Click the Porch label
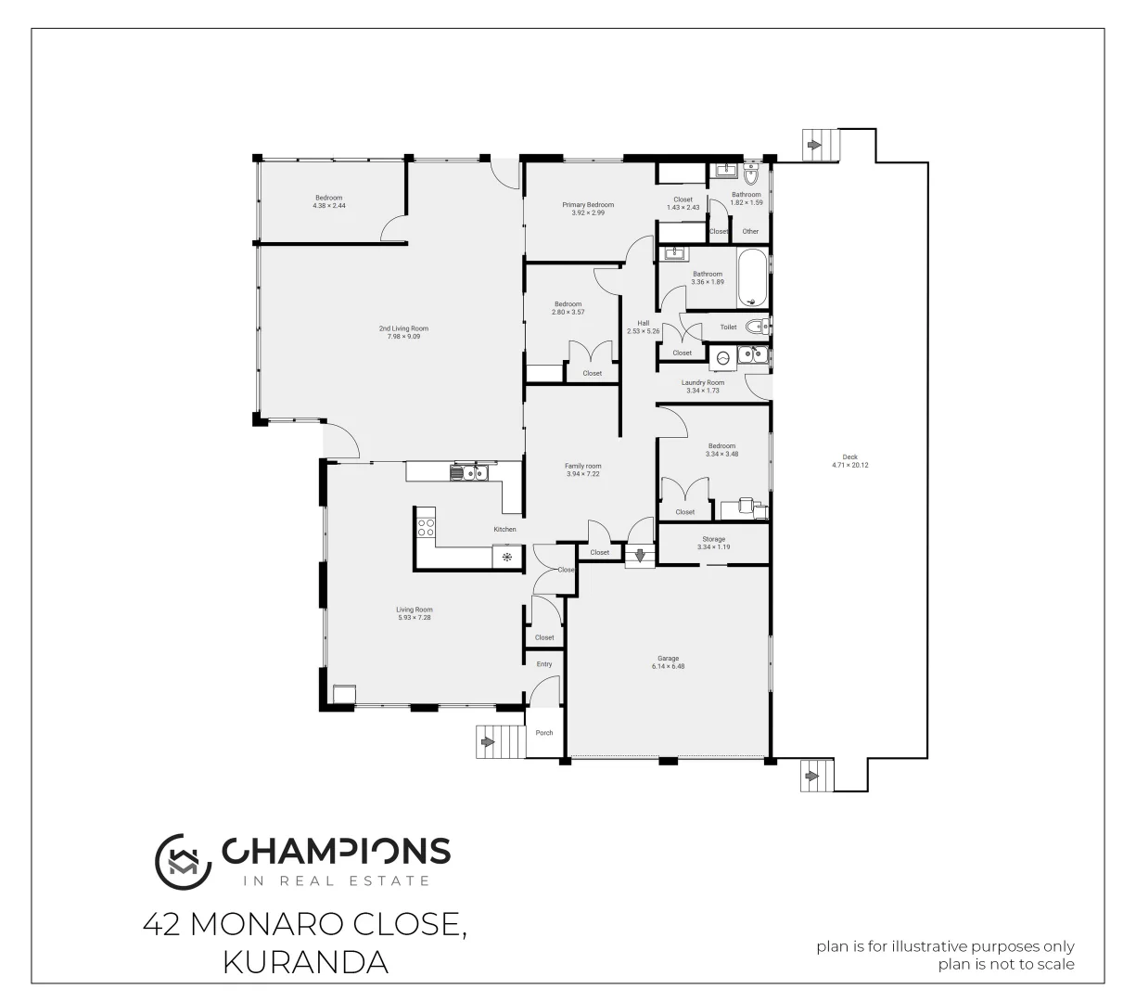pyautogui.click(x=544, y=733)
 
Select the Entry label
pyautogui.click(x=544, y=664)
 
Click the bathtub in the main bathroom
pyautogui.click(x=752, y=277)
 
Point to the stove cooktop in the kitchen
pyautogui.click(x=427, y=527)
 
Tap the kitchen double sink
pyautogui.click(x=469, y=473)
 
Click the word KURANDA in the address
pyautogui.click(x=305, y=962)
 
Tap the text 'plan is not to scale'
pyautogui.click(x=1006, y=964)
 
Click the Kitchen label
pyautogui.click(x=504, y=529)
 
